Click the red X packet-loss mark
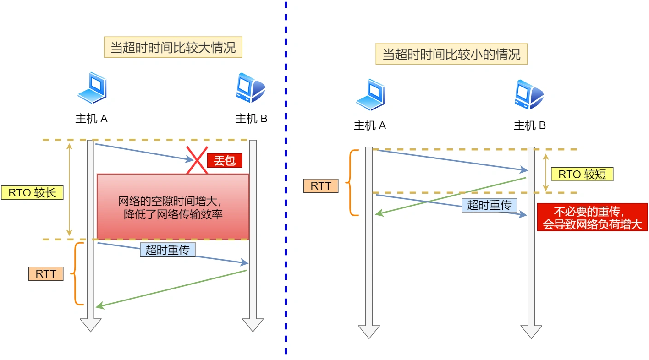pyautogui.click(x=197, y=160)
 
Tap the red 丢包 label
pyautogui.click(x=224, y=161)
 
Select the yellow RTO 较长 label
pyautogui.click(x=32, y=192)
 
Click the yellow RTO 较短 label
pyautogui.click(x=582, y=174)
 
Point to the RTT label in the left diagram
pyautogui.click(x=46, y=274)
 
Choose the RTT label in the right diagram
pyautogui.click(x=321, y=186)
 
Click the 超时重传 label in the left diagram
pyautogui.click(x=167, y=250)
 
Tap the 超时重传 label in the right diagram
pyautogui.click(x=489, y=205)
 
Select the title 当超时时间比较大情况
pyautogui.click(x=173, y=47)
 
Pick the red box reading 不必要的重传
pyautogui.click(x=592, y=218)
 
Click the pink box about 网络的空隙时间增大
pyautogui.click(x=173, y=207)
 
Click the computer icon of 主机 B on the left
pyautogui.click(x=251, y=87)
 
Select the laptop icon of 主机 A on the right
pyautogui.click(x=370, y=94)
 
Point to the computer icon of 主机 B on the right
pyautogui.click(x=529, y=94)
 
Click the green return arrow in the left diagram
pyautogui.click(x=172, y=289)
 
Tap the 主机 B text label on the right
pyautogui.click(x=529, y=125)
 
